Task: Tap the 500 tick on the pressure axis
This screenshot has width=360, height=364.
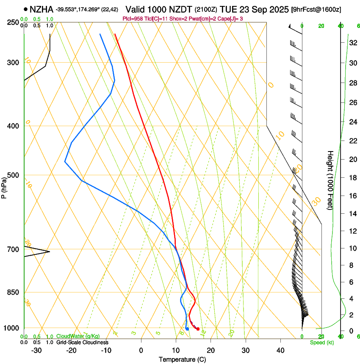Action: coord(14,175)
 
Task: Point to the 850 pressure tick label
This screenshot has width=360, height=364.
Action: coord(14,292)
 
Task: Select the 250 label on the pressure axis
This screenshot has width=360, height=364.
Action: coord(14,22)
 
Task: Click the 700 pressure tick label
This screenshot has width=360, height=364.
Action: coord(14,249)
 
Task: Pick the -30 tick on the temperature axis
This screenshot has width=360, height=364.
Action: coord(36,350)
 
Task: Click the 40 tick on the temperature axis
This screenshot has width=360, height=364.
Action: coord(280,350)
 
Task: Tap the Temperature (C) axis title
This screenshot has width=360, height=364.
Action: coord(182,359)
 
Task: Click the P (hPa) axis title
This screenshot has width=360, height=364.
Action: coord(4,187)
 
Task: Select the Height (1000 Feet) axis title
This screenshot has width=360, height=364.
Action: coord(330,180)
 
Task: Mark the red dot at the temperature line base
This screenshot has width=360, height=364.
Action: coord(198,329)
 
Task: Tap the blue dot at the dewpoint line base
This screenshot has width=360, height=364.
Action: coord(187,329)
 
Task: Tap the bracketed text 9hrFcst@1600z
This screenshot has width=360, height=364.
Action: coord(316,9)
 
